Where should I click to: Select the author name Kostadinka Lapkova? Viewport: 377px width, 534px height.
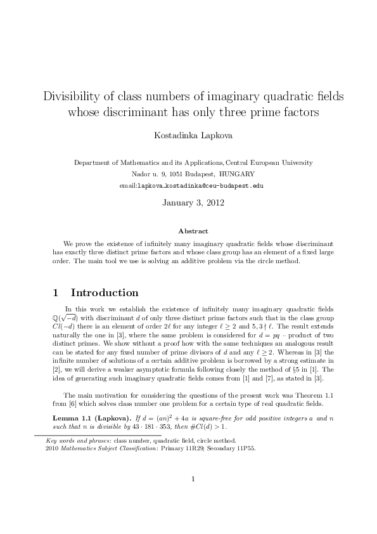[x=188, y=135]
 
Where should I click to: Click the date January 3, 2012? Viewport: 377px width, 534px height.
[x=188, y=204]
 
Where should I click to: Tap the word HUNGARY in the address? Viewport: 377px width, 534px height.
[x=238, y=174]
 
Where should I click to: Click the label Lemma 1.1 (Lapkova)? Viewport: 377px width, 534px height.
[x=89, y=419]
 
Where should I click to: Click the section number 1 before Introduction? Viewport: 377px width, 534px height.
[x=57, y=293]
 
